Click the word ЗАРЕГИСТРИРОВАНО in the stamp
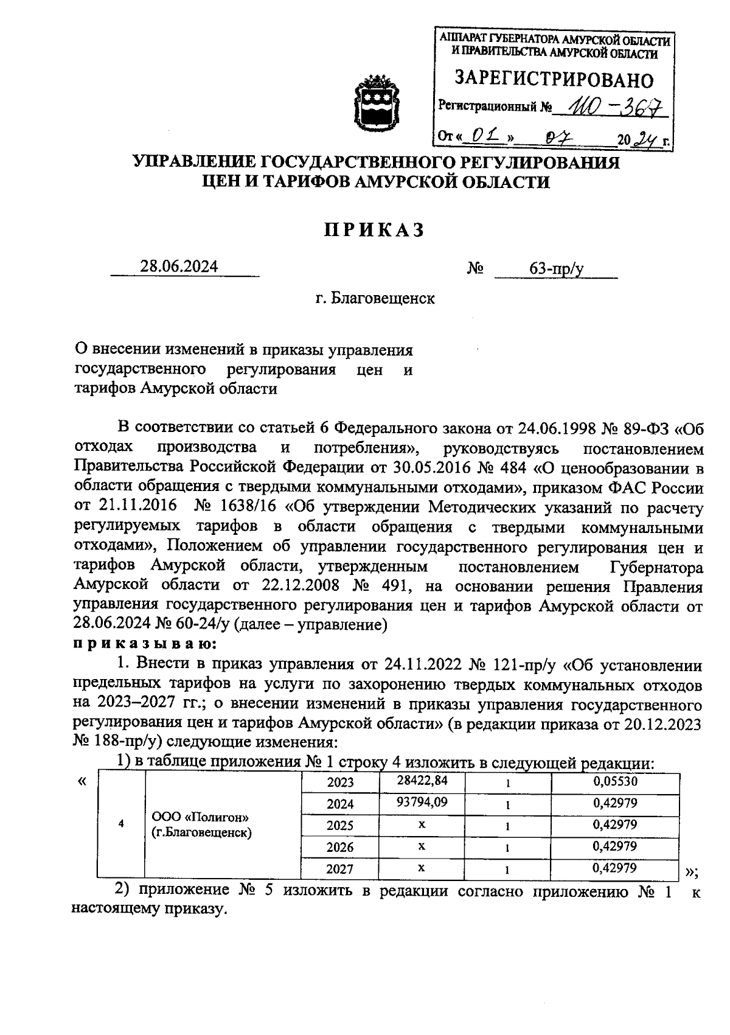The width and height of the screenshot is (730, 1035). point(554,80)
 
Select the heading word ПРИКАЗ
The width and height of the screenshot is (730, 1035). point(372,230)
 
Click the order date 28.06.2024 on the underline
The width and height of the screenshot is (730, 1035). point(179,267)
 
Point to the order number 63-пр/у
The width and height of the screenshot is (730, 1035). point(556,268)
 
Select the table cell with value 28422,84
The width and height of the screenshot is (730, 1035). point(422,781)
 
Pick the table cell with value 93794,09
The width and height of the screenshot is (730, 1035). point(422,803)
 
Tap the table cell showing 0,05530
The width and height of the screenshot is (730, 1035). point(615,781)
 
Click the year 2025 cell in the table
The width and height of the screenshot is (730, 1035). point(340,826)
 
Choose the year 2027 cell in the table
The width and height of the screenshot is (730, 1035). point(340,869)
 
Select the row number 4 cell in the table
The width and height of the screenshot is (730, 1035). point(121,824)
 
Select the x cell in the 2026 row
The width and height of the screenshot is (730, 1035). point(422,846)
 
